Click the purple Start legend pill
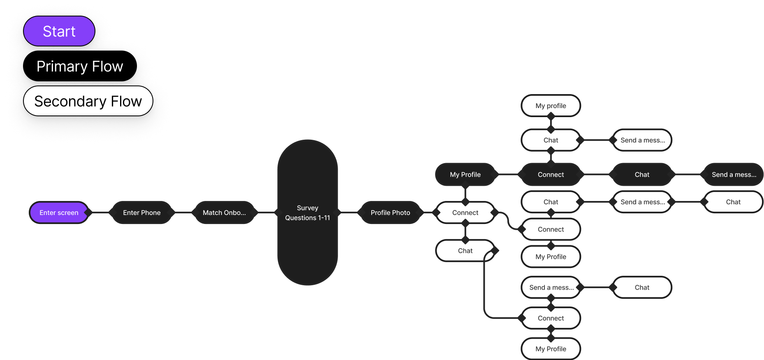click(x=59, y=31)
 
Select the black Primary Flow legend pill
click(x=80, y=66)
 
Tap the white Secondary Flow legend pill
click(x=88, y=101)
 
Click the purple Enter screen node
click(x=59, y=212)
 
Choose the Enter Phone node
click(x=142, y=212)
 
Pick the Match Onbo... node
click(x=224, y=212)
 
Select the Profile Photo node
click(x=390, y=212)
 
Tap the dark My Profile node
click(x=465, y=175)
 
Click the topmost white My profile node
click(x=551, y=106)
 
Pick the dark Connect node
click(x=551, y=175)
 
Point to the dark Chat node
click(x=642, y=175)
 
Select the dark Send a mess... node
click(x=734, y=175)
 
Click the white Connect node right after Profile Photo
click(x=465, y=212)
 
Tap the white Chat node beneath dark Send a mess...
click(x=733, y=202)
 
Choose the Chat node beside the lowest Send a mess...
click(x=642, y=287)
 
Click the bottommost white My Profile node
click(x=551, y=349)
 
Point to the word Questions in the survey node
click(x=301, y=218)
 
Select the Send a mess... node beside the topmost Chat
click(x=642, y=140)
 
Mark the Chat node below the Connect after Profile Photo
click(x=465, y=251)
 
